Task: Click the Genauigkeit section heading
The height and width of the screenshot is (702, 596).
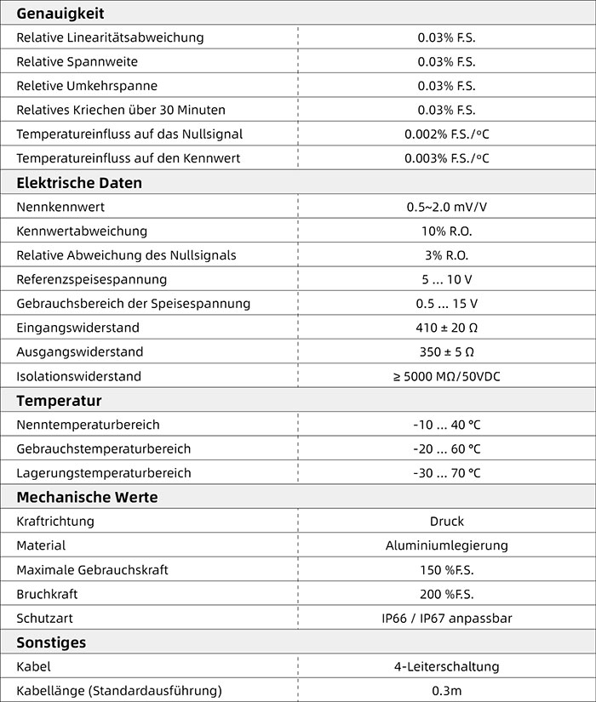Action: [60, 13]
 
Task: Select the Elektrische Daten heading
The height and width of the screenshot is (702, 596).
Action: [79, 183]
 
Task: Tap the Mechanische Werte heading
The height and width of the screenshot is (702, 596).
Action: [87, 497]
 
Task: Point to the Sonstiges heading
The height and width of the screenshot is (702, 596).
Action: [51, 642]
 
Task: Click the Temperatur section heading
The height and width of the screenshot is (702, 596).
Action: [59, 401]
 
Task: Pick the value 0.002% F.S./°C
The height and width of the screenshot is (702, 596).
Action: [447, 134]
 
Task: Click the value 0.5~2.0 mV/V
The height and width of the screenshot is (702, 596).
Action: [447, 207]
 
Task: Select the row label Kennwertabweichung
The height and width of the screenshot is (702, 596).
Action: [82, 231]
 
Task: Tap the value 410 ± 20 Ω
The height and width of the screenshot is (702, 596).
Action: [447, 328]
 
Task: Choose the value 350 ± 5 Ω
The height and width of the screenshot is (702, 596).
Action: [447, 352]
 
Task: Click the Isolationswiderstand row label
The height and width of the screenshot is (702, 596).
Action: [78, 376]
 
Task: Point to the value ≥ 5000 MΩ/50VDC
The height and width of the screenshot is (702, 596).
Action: [447, 376]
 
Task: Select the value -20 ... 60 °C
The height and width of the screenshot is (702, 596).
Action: [447, 449]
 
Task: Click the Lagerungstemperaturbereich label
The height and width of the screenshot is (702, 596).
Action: [104, 473]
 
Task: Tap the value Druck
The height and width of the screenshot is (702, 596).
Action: [447, 522]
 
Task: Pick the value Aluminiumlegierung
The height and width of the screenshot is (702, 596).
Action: [447, 545]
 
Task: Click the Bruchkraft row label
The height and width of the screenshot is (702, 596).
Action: [47, 594]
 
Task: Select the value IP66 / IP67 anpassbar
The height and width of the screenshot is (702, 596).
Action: [447, 619]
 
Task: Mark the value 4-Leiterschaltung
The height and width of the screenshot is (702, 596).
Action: [447, 667]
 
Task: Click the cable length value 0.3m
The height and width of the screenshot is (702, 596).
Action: [447, 691]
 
